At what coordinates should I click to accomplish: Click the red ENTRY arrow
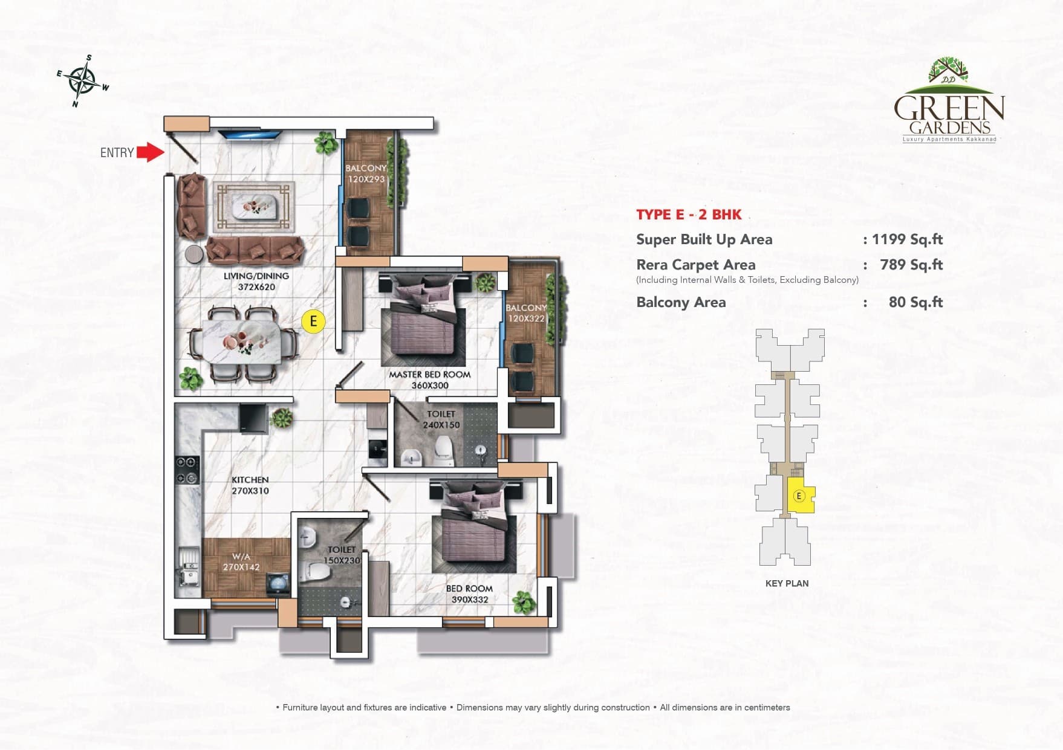150,152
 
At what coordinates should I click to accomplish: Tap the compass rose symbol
83,81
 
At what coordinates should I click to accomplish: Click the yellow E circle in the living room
313,321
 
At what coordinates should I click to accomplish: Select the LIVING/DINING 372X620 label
256,282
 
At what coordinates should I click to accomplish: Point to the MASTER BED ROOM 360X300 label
429,380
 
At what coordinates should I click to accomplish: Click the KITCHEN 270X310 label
250,485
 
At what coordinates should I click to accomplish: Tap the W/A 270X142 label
241,562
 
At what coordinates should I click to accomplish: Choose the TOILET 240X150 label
441,419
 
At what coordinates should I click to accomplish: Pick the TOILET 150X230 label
342,555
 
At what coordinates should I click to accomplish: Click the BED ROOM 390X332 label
469,594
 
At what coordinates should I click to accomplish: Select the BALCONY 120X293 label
366,173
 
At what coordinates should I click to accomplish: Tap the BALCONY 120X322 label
526,313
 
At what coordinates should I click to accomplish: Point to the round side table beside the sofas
194,254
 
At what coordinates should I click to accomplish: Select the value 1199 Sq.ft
907,239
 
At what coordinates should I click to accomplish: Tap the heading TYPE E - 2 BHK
689,215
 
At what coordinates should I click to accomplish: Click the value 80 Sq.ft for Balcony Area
915,302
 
